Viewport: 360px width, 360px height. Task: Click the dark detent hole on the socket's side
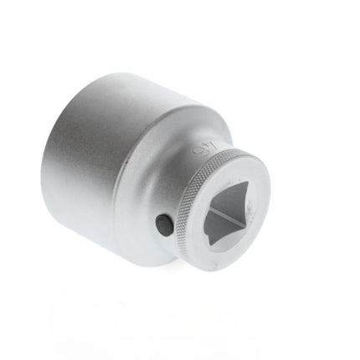[x=163, y=226]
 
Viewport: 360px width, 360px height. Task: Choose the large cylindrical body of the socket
[x=100, y=159]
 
